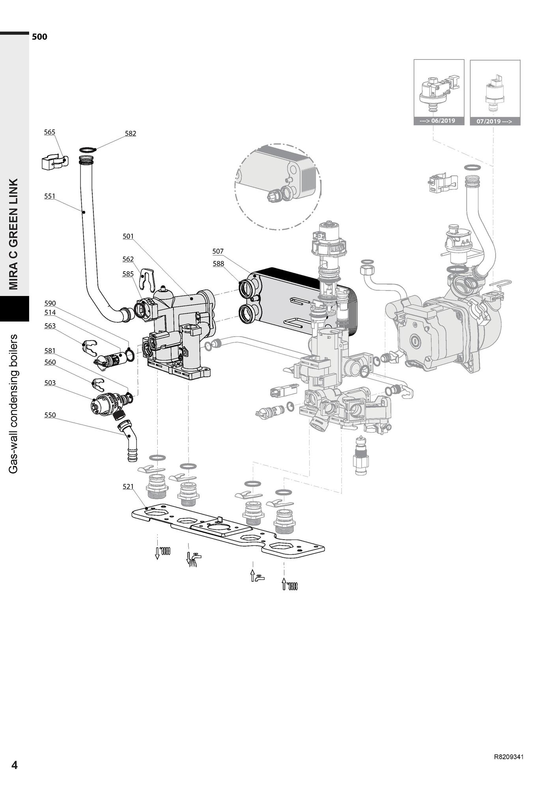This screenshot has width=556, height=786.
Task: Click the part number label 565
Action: pos(49,132)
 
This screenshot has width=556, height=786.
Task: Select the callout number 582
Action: pos(130,133)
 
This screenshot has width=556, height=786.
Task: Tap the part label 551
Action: pos(50,196)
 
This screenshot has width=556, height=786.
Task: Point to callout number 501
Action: pos(128,236)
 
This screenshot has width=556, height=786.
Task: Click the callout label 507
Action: pos(218,251)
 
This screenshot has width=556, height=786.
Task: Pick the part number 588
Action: pos(218,263)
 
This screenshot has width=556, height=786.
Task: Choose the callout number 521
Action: pos(128,486)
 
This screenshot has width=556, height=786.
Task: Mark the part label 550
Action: pos(50,415)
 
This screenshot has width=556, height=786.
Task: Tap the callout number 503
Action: pos(50,383)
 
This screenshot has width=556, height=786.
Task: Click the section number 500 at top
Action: pos(39,37)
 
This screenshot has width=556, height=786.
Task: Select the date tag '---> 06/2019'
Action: pos(439,121)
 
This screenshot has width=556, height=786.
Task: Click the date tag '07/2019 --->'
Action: pos(495,121)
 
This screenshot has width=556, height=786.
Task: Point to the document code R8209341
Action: pos(509,757)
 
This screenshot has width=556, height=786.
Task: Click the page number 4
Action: pos(15,765)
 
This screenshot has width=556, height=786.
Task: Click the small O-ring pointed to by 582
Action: pos(88,149)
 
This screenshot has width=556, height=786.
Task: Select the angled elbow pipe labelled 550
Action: pos(129,440)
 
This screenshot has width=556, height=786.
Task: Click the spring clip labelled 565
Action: pos(54,162)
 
